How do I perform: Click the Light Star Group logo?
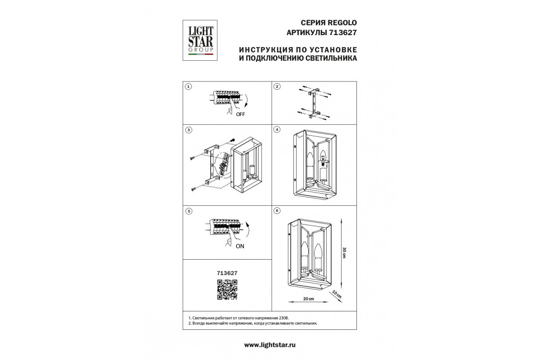point(200,40)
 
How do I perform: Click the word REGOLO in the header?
point(342,22)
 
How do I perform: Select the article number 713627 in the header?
point(342,32)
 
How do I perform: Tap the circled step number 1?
point(189,86)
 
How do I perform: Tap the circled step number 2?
point(277,86)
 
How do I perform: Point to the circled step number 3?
point(189,130)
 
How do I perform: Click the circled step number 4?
point(277,130)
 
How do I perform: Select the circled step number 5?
point(189,211)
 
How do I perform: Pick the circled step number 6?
point(277,211)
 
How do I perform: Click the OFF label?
point(240,114)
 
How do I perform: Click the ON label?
point(240,246)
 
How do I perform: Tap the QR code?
point(227,290)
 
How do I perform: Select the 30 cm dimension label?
point(344,253)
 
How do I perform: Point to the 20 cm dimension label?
point(309,299)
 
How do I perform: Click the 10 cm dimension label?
point(337,294)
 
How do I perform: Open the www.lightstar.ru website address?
point(270,345)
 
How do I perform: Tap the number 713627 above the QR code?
point(227,273)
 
